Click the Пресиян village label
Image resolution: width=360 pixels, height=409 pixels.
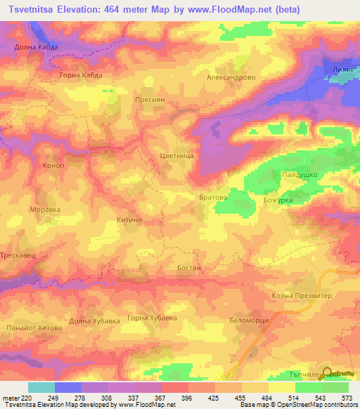pyautogui.click(x=150, y=100)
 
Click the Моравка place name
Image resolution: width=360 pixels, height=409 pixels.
pyautogui.click(x=44, y=209)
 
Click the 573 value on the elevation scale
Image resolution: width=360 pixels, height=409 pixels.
pyautogui.click(x=347, y=398)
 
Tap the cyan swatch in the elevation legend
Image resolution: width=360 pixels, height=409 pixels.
pyautogui.click(x=41, y=387)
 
